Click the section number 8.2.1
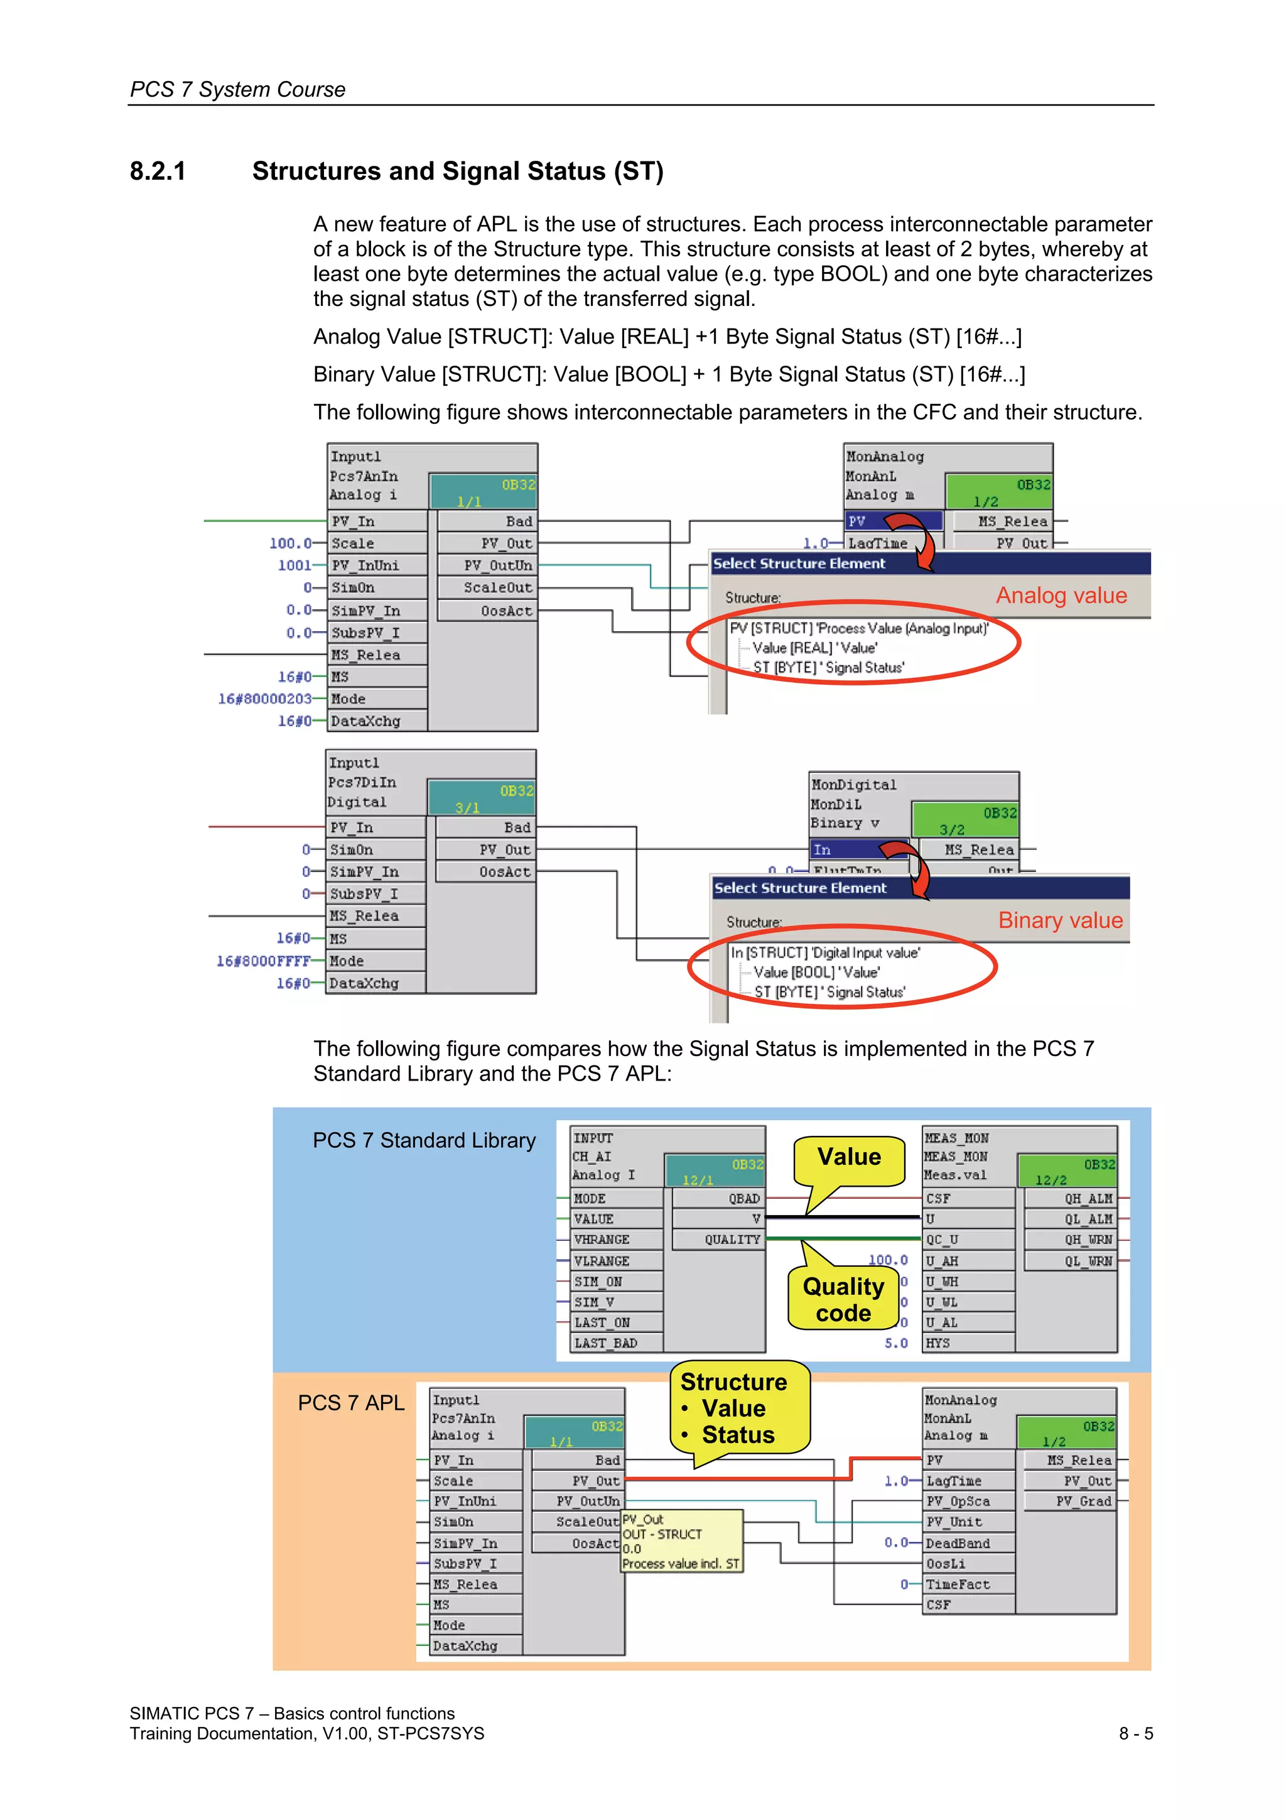(158, 172)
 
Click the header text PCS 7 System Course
(238, 90)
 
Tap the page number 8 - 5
(1135, 1733)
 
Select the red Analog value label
(1061, 596)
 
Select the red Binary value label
(1060, 920)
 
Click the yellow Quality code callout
(843, 1299)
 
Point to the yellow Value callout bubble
(848, 1157)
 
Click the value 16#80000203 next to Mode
(264, 699)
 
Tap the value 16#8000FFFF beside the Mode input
(263, 961)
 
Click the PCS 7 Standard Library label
(424, 1141)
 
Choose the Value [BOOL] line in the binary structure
(816, 973)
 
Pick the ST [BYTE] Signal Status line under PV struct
(828, 667)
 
